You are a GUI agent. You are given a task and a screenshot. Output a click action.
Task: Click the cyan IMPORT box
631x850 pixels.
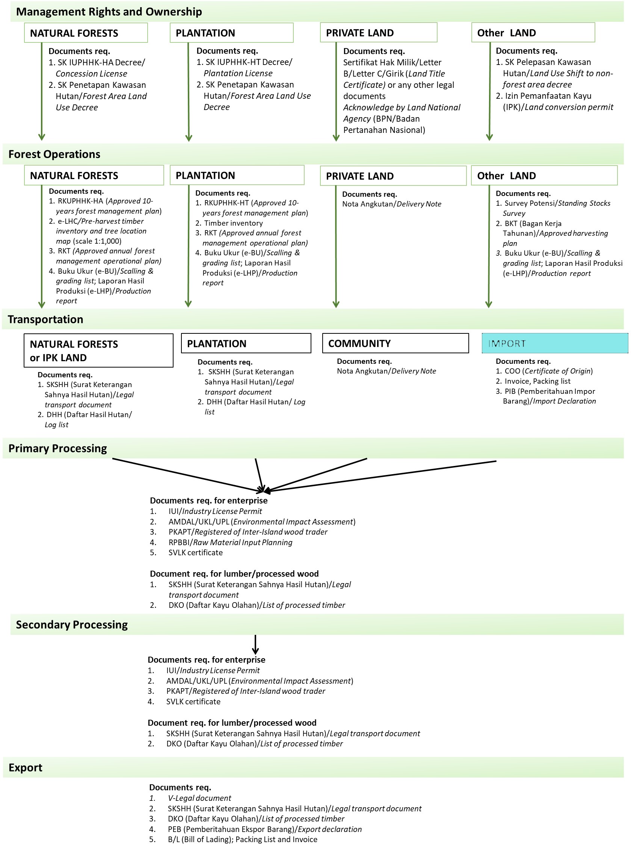555,343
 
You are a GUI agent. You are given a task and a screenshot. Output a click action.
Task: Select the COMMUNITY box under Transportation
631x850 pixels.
396,343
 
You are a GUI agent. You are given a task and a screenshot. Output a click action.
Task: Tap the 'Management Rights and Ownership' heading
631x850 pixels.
109,12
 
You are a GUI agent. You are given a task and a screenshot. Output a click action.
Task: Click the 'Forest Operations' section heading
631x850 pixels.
54,154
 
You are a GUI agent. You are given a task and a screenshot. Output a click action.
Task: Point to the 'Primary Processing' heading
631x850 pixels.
58,448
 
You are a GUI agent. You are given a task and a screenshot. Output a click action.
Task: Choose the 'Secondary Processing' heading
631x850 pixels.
72,625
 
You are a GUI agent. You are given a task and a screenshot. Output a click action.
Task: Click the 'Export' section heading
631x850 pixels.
25,767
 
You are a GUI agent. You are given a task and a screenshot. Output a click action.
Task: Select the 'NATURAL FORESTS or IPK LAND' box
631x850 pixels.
98,351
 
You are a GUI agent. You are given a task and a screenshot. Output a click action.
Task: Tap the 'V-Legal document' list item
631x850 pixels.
199,798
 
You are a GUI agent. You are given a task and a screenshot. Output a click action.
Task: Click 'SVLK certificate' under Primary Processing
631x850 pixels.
196,553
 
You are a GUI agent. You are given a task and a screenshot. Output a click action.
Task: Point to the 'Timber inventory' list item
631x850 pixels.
233,223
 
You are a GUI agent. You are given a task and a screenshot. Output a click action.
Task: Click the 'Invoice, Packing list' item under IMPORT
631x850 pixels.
537,381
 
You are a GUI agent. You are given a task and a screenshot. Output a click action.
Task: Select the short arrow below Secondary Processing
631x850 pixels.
255,645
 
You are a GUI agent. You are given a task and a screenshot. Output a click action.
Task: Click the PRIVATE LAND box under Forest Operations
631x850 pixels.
393,176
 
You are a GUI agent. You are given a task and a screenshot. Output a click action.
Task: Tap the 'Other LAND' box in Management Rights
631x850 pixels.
533,32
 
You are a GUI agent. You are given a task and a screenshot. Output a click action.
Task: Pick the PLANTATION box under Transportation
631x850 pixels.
246,343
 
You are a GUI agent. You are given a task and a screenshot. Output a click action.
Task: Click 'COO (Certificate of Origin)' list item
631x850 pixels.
548,371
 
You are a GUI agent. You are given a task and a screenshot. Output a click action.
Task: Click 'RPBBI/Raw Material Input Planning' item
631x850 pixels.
230,542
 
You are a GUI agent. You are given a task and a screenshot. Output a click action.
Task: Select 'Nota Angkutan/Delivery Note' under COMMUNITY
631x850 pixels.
386,371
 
